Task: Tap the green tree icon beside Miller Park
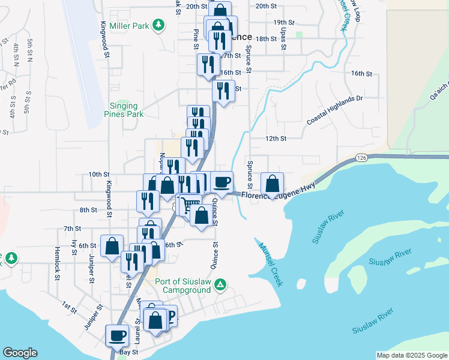(x=158, y=25)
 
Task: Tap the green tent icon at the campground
(x=220, y=284)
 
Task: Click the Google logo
(x=20, y=353)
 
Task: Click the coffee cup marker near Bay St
(x=117, y=335)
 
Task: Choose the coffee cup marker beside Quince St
(x=222, y=182)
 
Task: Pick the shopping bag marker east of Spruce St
(x=273, y=184)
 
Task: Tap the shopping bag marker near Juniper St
(x=112, y=246)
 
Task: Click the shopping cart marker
(x=191, y=205)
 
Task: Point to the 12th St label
(x=276, y=138)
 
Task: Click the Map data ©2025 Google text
(x=411, y=355)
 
